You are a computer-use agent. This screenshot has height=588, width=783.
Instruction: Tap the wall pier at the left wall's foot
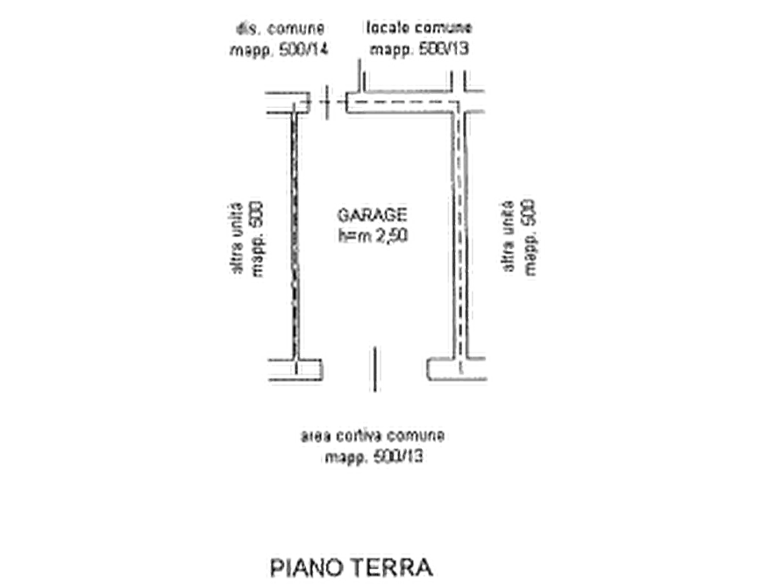[295, 372]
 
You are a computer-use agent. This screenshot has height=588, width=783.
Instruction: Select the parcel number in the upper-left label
[307, 51]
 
